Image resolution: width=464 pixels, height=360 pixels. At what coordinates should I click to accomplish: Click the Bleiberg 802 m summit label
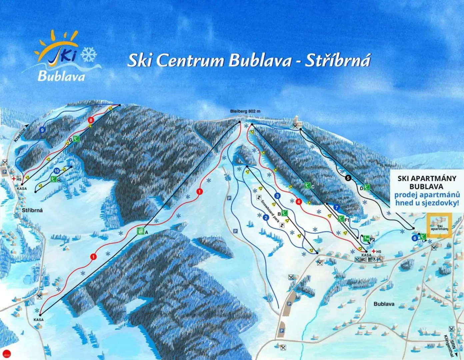click(245, 111)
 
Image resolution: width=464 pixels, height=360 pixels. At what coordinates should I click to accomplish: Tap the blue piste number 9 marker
click(42, 130)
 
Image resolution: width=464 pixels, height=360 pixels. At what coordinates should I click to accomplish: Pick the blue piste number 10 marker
click(57, 171)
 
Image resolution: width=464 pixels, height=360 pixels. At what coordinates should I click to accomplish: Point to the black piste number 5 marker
click(349, 178)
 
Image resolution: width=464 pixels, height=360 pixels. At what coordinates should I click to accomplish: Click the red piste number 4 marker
click(299, 202)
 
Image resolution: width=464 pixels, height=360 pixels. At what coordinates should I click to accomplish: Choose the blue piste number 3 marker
click(277, 196)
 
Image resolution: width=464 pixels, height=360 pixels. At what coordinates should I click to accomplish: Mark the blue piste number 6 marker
click(415, 238)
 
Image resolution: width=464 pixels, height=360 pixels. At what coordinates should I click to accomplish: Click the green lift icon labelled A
click(141, 231)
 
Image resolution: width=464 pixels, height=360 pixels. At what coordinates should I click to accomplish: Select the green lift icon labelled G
click(76, 139)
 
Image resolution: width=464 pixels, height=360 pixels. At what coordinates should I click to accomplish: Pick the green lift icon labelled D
click(367, 187)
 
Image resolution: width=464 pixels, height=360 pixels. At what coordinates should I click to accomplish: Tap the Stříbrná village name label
click(32, 210)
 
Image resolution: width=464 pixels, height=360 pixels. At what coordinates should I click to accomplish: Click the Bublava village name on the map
click(384, 304)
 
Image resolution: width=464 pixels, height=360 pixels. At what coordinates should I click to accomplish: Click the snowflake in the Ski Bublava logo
click(89, 54)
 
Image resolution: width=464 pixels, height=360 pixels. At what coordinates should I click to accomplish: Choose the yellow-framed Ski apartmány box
click(439, 225)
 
